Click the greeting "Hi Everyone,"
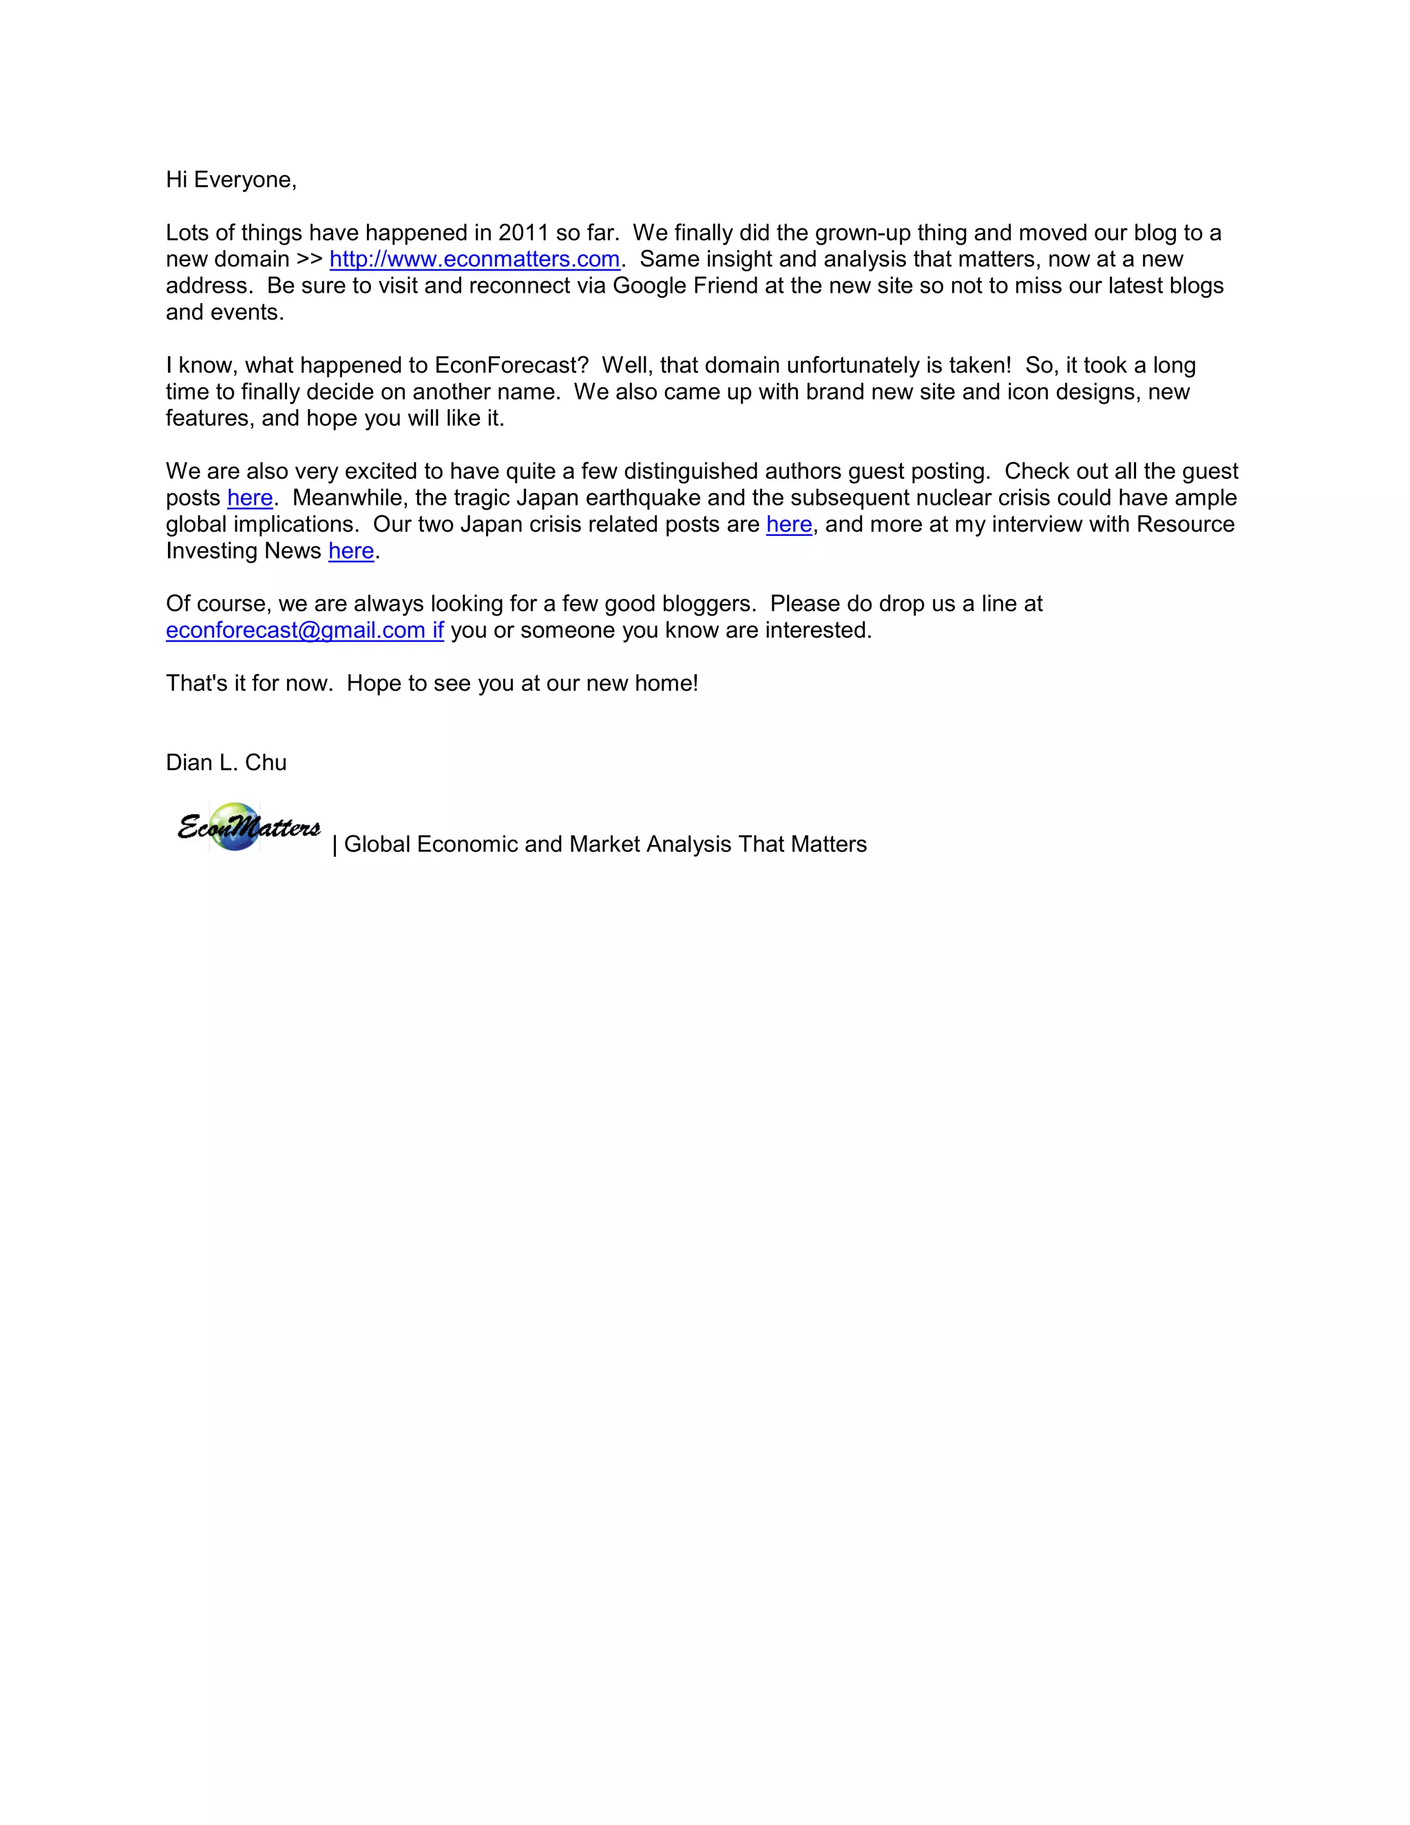tap(231, 180)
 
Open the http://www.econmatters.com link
tap(474, 259)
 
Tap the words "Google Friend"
tap(685, 286)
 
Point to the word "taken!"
tap(980, 365)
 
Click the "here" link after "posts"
tap(250, 498)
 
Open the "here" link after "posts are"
tap(788, 525)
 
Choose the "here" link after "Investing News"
tap(351, 552)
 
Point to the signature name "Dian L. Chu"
tap(226, 763)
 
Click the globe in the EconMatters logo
tap(235, 826)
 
